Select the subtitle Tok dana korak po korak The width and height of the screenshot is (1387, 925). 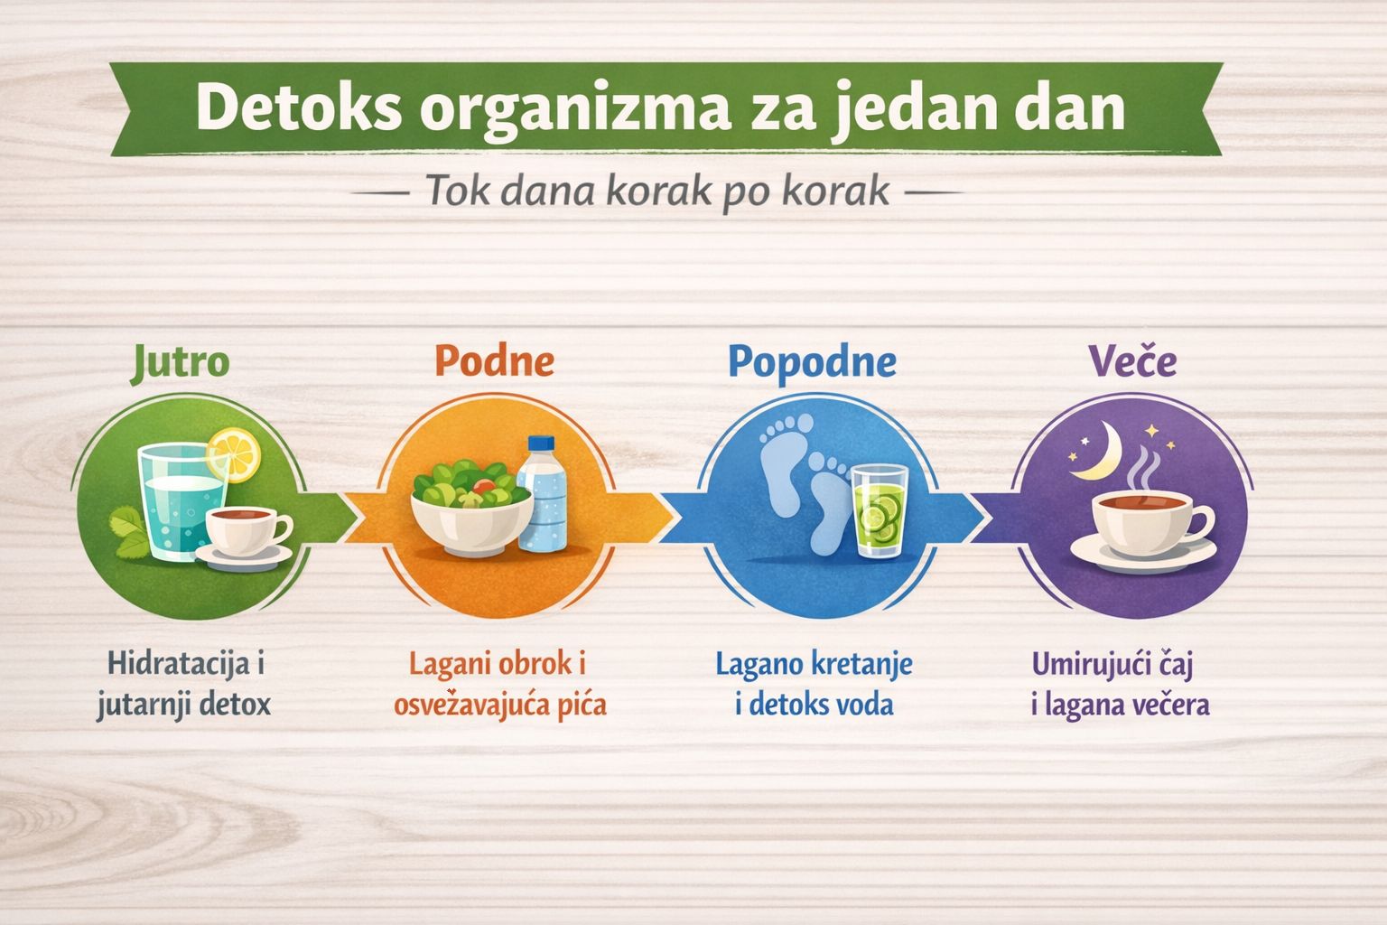[656, 192]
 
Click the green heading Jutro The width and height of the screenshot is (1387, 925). [181, 361]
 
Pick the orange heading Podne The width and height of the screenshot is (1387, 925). [494, 360]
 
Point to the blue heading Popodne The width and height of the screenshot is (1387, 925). [812, 361]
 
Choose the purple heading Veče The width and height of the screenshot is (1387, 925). [1132, 361]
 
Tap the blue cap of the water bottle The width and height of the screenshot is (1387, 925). [540, 445]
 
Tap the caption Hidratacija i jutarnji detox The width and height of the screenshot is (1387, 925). [185, 684]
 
